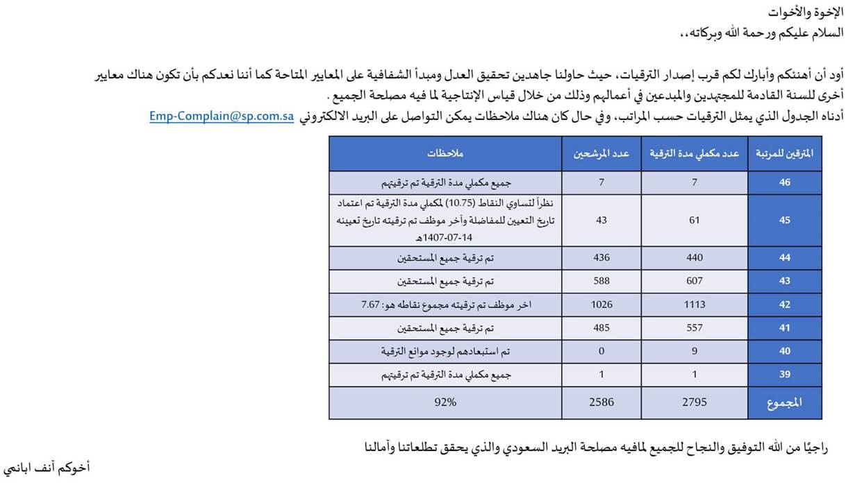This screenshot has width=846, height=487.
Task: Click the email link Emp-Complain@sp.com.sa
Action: (x=222, y=117)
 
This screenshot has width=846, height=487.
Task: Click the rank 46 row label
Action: (x=785, y=183)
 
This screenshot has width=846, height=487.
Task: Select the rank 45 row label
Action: (x=785, y=220)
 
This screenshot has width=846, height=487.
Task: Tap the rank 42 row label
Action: (x=785, y=305)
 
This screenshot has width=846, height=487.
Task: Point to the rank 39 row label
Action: (x=785, y=375)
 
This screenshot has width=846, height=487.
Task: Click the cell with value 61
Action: (x=694, y=220)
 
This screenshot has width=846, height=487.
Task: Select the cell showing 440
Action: (x=694, y=257)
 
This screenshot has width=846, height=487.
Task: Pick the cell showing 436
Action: (x=602, y=257)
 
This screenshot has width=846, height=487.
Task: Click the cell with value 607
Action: (x=694, y=281)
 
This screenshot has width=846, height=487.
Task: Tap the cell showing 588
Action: (x=602, y=281)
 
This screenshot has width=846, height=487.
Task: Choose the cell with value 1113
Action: (x=694, y=305)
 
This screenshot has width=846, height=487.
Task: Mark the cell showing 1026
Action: (x=602, y=305)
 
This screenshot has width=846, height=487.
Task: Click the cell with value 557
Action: (x=694, y=328)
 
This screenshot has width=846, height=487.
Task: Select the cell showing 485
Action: (x=602, y=328)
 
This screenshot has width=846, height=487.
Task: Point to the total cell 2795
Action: (x=694, y=402)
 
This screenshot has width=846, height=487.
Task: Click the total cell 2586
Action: (x=602, y=402)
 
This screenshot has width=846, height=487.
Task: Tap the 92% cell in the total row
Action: (x=445, y=402)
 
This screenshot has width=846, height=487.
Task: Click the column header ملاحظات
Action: (x=445, y=153)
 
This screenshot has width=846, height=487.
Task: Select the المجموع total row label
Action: (x=785, y=402)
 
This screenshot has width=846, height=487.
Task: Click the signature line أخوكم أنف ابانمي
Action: (x=47, y=468)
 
